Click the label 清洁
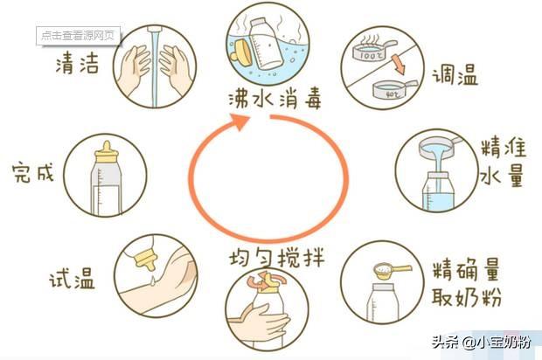(76, 64)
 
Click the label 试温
(71, 280)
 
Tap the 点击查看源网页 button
(79, 36)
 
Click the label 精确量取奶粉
(465, 282)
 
